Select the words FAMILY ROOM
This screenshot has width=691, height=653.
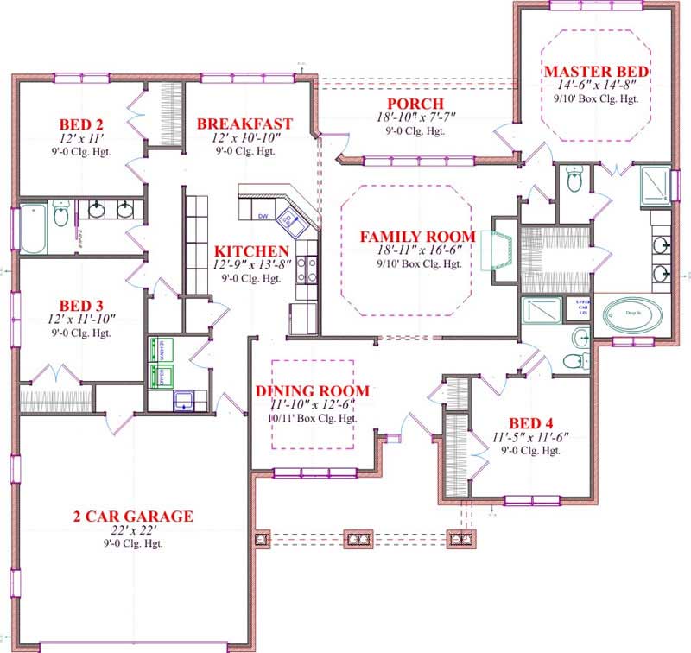[x=417, y=237]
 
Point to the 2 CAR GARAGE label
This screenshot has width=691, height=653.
[x=133, y=517]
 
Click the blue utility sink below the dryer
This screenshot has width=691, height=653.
[x=184, y=399]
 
